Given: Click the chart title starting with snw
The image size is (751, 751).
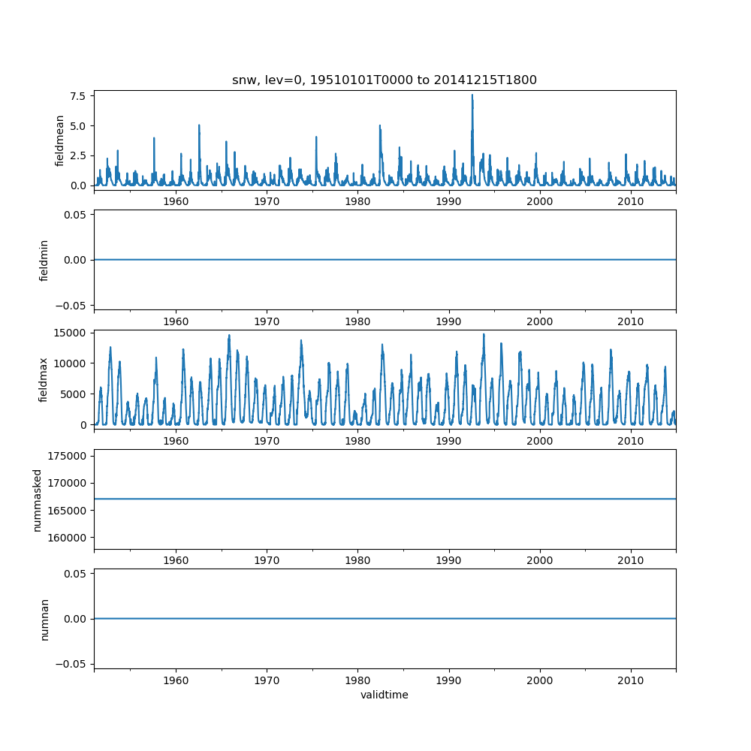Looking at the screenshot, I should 385,80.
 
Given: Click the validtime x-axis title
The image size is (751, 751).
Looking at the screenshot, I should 385,695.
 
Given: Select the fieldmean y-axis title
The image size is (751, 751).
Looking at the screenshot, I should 59,140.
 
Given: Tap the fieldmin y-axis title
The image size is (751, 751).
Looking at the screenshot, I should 44,260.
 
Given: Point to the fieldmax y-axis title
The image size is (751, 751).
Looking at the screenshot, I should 44,379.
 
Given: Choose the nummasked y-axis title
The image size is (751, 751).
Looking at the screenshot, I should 38,499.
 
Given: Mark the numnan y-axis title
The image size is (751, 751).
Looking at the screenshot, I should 44,619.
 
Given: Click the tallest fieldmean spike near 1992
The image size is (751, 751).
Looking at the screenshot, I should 472,95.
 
